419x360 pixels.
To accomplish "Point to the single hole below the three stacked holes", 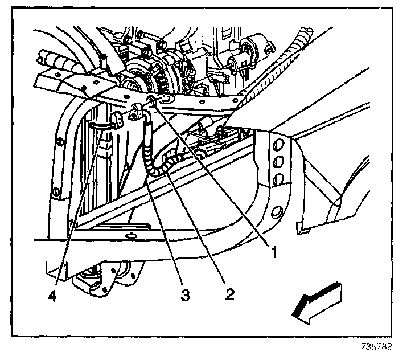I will point(276,214).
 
